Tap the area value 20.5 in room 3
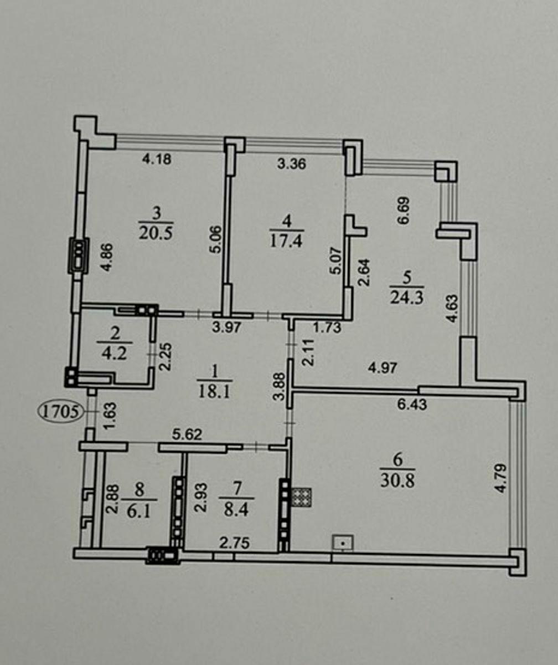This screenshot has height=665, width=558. (156, 233)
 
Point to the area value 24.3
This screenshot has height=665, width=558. (407, 298)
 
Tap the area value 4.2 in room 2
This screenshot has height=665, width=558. (115, 353)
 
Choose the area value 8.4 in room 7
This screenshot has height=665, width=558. (236, 511)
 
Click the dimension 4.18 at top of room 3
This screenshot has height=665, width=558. (157, 158)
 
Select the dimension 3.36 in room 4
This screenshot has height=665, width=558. (291, 163)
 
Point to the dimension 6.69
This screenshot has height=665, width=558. (406, 211)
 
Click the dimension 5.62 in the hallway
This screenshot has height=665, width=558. (187, 434)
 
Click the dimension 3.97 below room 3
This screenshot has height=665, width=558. (227, 327)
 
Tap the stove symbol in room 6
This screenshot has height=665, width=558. (302, 497)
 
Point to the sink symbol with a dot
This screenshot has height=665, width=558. (343, 543)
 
